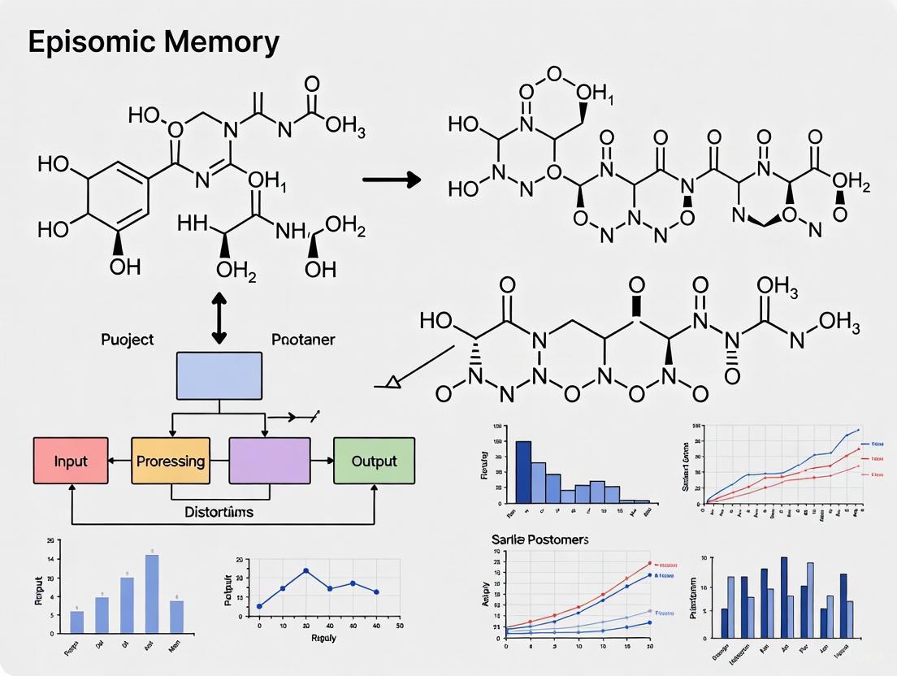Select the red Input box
[x=71, y=461]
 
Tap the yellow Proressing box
[x=171, y=461]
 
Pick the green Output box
[x=374, y=461]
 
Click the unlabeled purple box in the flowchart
[x=269, y=461]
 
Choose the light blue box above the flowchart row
[x=219, y=377]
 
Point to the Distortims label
[x=219, y=512]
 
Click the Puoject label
[x=128, y=340]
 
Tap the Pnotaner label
[x=303, y=340]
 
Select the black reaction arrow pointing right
[x=391, y=179]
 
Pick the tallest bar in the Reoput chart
[x=152, y=593]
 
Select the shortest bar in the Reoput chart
[x=77, y=622]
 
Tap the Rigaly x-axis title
[x=325, y=638]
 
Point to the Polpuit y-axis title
[x=228, y=589]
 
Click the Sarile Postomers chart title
[x=539, y=539]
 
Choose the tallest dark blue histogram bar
[x=523, y=471]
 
